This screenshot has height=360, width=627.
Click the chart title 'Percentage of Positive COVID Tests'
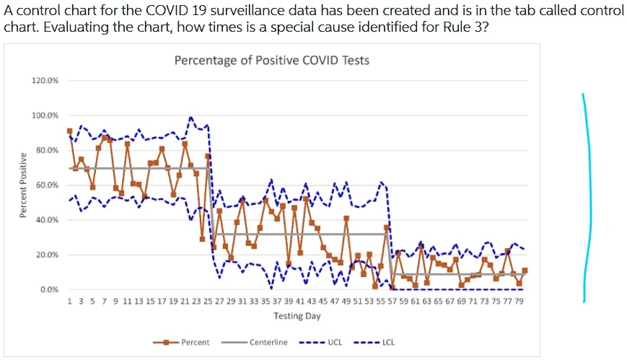pyautogui.click(x=271, y=61)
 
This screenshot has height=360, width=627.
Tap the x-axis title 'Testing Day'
pyautogui.click(x=297, y=316)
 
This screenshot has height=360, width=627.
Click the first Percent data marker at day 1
pyautogui.click(x=70, y=131)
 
